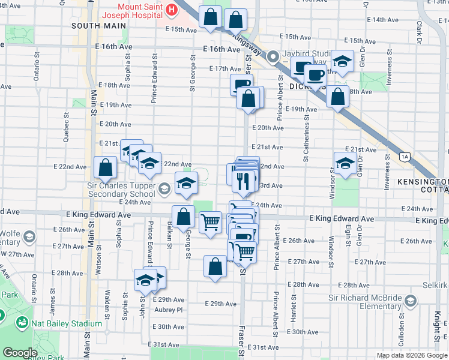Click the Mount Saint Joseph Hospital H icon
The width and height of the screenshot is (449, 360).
pos(172,10)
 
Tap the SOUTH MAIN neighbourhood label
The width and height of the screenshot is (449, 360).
pos(98,26)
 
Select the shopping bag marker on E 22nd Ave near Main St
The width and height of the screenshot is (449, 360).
pos(106,168)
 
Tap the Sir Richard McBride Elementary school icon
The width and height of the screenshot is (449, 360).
pos(411,300)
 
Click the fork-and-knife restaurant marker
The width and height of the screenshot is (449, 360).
pos(243,181)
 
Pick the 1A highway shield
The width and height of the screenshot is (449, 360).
pos(405,157)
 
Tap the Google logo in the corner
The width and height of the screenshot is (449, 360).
pos(20,353)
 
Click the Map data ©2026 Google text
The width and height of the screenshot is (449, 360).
pos(411,355)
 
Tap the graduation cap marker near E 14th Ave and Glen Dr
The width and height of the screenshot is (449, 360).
pos(342,61)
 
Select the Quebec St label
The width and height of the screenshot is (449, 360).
pos(66,128)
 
